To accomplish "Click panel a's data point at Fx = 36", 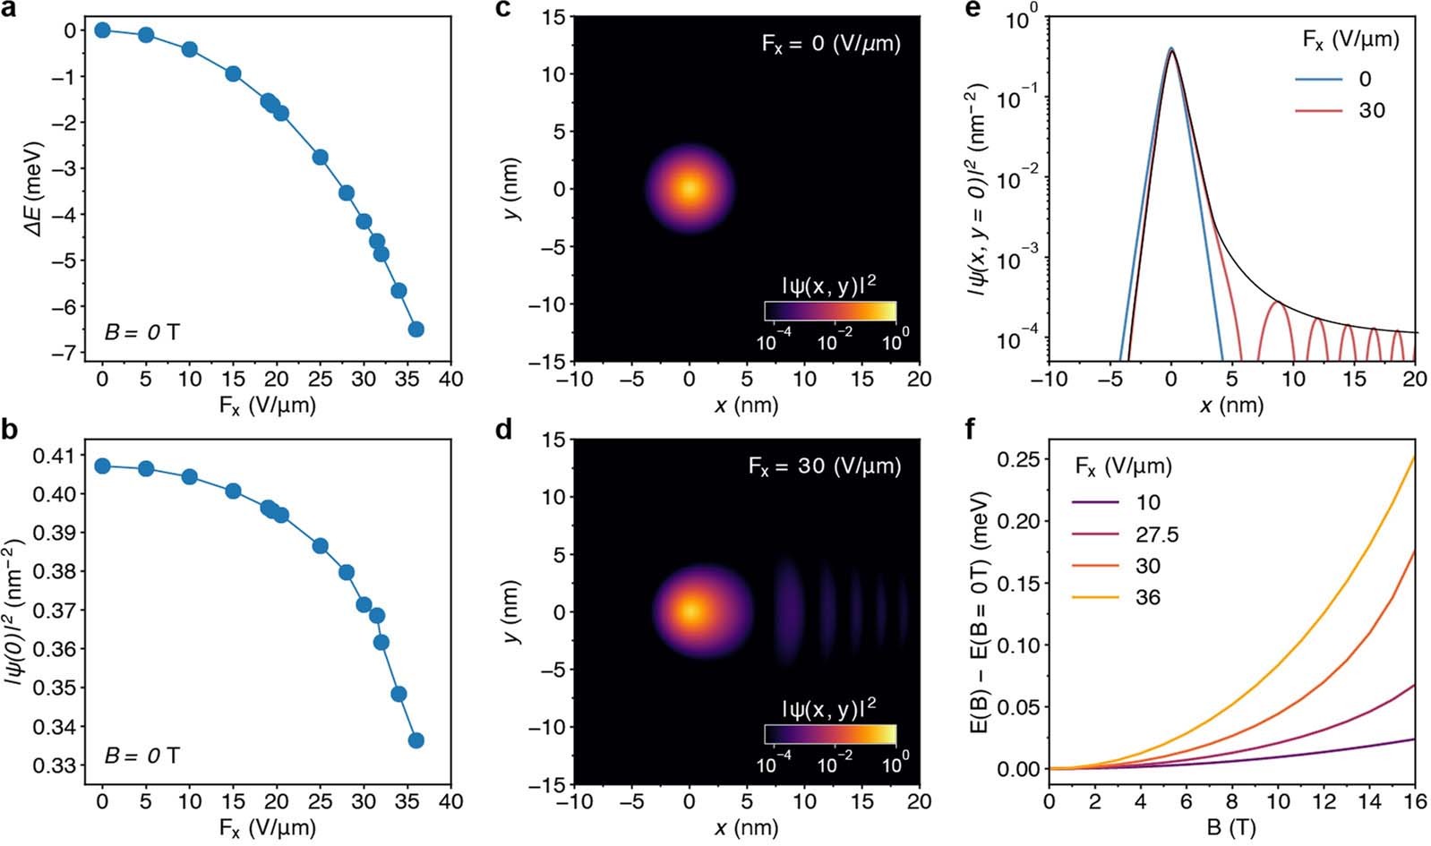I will (x=416, y=329).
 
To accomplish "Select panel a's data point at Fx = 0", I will (x=102, y=30).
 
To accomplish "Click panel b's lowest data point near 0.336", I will (x=416, y=740).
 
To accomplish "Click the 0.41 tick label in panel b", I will (x=56, y=456).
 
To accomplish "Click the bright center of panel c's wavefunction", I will (x=690, y=189).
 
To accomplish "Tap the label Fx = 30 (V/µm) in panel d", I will (x=824, y=466).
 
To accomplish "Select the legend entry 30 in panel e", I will (x=1371, y=110).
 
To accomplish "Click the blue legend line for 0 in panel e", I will (x=1318, y=79).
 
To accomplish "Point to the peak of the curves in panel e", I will (x=1170, y=50).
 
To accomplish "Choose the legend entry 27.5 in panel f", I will (x=1160, y=535).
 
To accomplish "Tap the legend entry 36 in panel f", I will (x=1147, y=597).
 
